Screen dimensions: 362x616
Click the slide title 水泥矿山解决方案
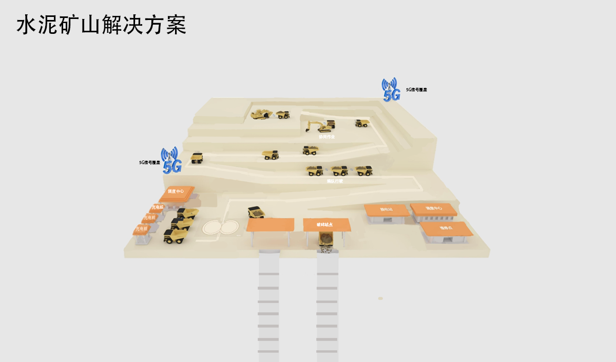[x=101, y=25]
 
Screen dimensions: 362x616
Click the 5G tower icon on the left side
[x=171, y=160]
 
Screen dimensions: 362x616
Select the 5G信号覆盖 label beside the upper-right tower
[x=416, y=90]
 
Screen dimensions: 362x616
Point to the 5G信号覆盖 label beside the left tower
[x=149, y=163]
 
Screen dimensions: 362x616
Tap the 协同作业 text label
[x=326, y=137]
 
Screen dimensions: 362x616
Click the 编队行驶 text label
[x=335, y=181]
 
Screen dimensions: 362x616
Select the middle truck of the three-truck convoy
[x=339, y=171]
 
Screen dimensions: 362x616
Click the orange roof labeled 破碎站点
[x=326, y=225]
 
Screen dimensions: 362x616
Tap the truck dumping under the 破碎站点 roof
[x=326, y=239]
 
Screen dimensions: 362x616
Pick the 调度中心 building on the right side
[x=433, y=209]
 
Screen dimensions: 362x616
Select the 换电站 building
[x=386, y=210]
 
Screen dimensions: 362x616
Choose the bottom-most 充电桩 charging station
[x=142, y=229]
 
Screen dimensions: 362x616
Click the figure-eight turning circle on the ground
[x=221, y=227]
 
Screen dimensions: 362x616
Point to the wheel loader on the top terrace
[x=261, y=114]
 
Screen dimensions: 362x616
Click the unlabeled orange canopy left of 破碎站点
[x=270, y=225]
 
